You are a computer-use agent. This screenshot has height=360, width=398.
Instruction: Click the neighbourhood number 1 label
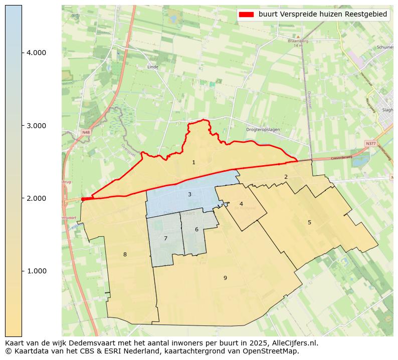pyautogui.click(x=193, y=163)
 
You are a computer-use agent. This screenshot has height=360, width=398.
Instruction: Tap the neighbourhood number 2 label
pyautogui.click(x=286, y=177)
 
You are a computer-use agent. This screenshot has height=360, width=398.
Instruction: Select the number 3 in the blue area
pyautogui.click(x=189, y=194)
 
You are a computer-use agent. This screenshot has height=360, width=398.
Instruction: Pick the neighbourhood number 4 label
pyautogui.click(x=241, y=204)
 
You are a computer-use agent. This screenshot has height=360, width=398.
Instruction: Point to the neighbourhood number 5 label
pyautogui.click(x=309, y=222)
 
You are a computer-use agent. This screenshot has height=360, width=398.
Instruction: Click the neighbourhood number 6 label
pyautogui.click(x=196, y=229)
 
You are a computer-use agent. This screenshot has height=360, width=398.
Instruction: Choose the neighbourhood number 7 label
pyautogui.click(x=165, y=238)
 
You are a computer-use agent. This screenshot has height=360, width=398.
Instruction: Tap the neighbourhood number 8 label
pyautogui.click(x=125, y=254)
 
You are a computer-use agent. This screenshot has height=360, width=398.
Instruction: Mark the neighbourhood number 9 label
pyautogui.click(x=225, y=278)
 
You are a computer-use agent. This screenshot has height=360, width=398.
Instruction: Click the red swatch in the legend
pyautogui.click(x=248, y=15)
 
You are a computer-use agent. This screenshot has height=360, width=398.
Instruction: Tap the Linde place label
pyautogui.click(x=153, y=67)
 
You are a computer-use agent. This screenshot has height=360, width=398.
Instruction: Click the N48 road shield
pyautogui.click(x=86, y=132)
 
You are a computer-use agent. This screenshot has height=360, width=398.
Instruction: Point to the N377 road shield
pyautogui.click(x=370, y=144)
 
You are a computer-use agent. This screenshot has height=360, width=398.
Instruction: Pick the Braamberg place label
pyautogui.click(x=297, y=41)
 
